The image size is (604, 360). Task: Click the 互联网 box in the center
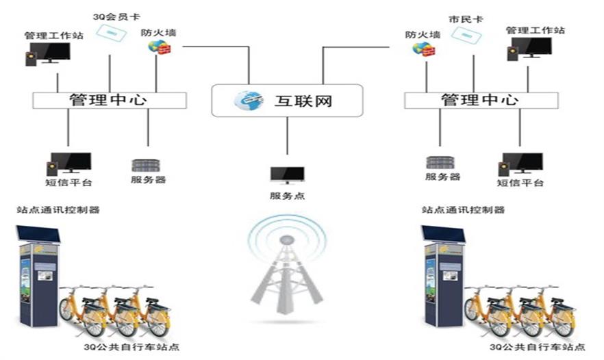tap(286, 101)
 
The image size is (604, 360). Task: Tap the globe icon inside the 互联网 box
tap(248, 101)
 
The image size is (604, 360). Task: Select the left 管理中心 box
tap(110, 100)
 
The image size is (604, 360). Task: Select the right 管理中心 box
tap(480, 100)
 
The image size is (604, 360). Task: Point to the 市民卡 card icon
tap(468, 35)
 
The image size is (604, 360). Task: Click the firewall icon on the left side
tap(158, 47)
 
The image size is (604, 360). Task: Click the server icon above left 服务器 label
tap(145, 166)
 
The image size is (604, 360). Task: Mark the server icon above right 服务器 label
tap(440, 163)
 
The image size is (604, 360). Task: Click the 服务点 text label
tap(287, 196)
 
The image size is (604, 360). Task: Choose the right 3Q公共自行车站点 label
tap(537, 347)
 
